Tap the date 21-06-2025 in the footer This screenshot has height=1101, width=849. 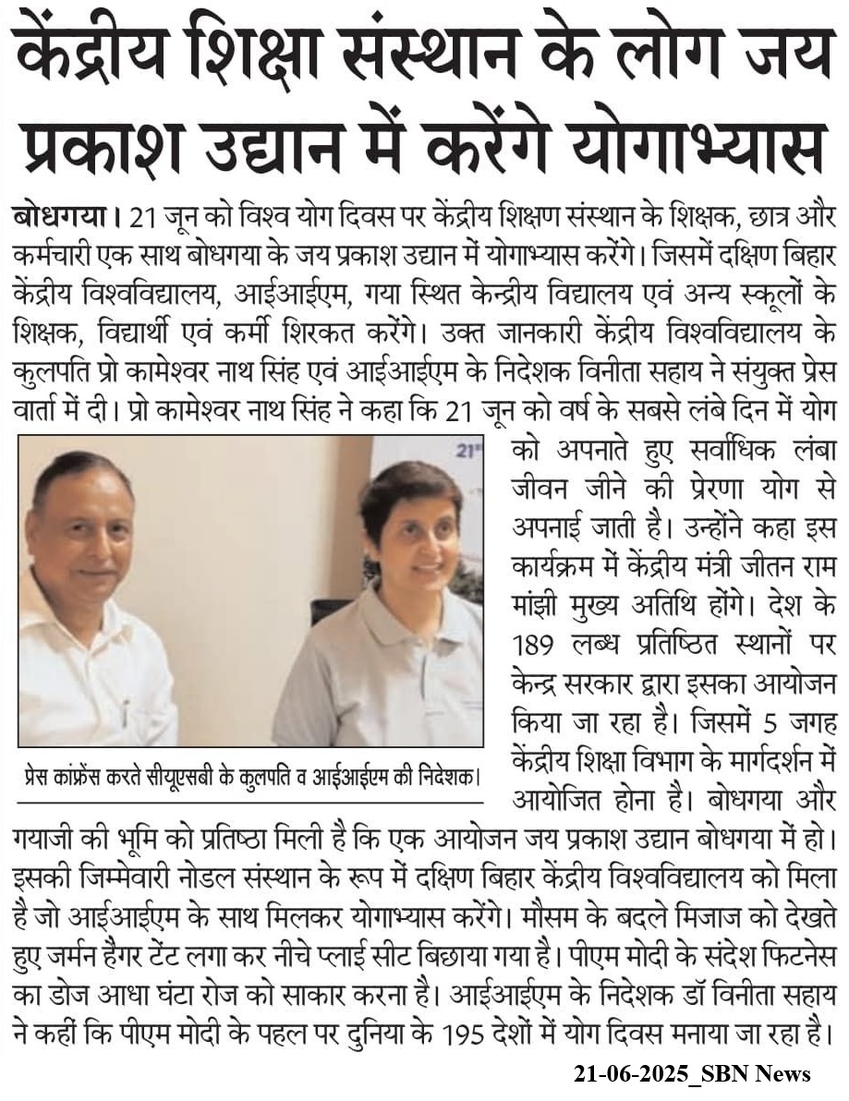click(x=629, y=1073)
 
